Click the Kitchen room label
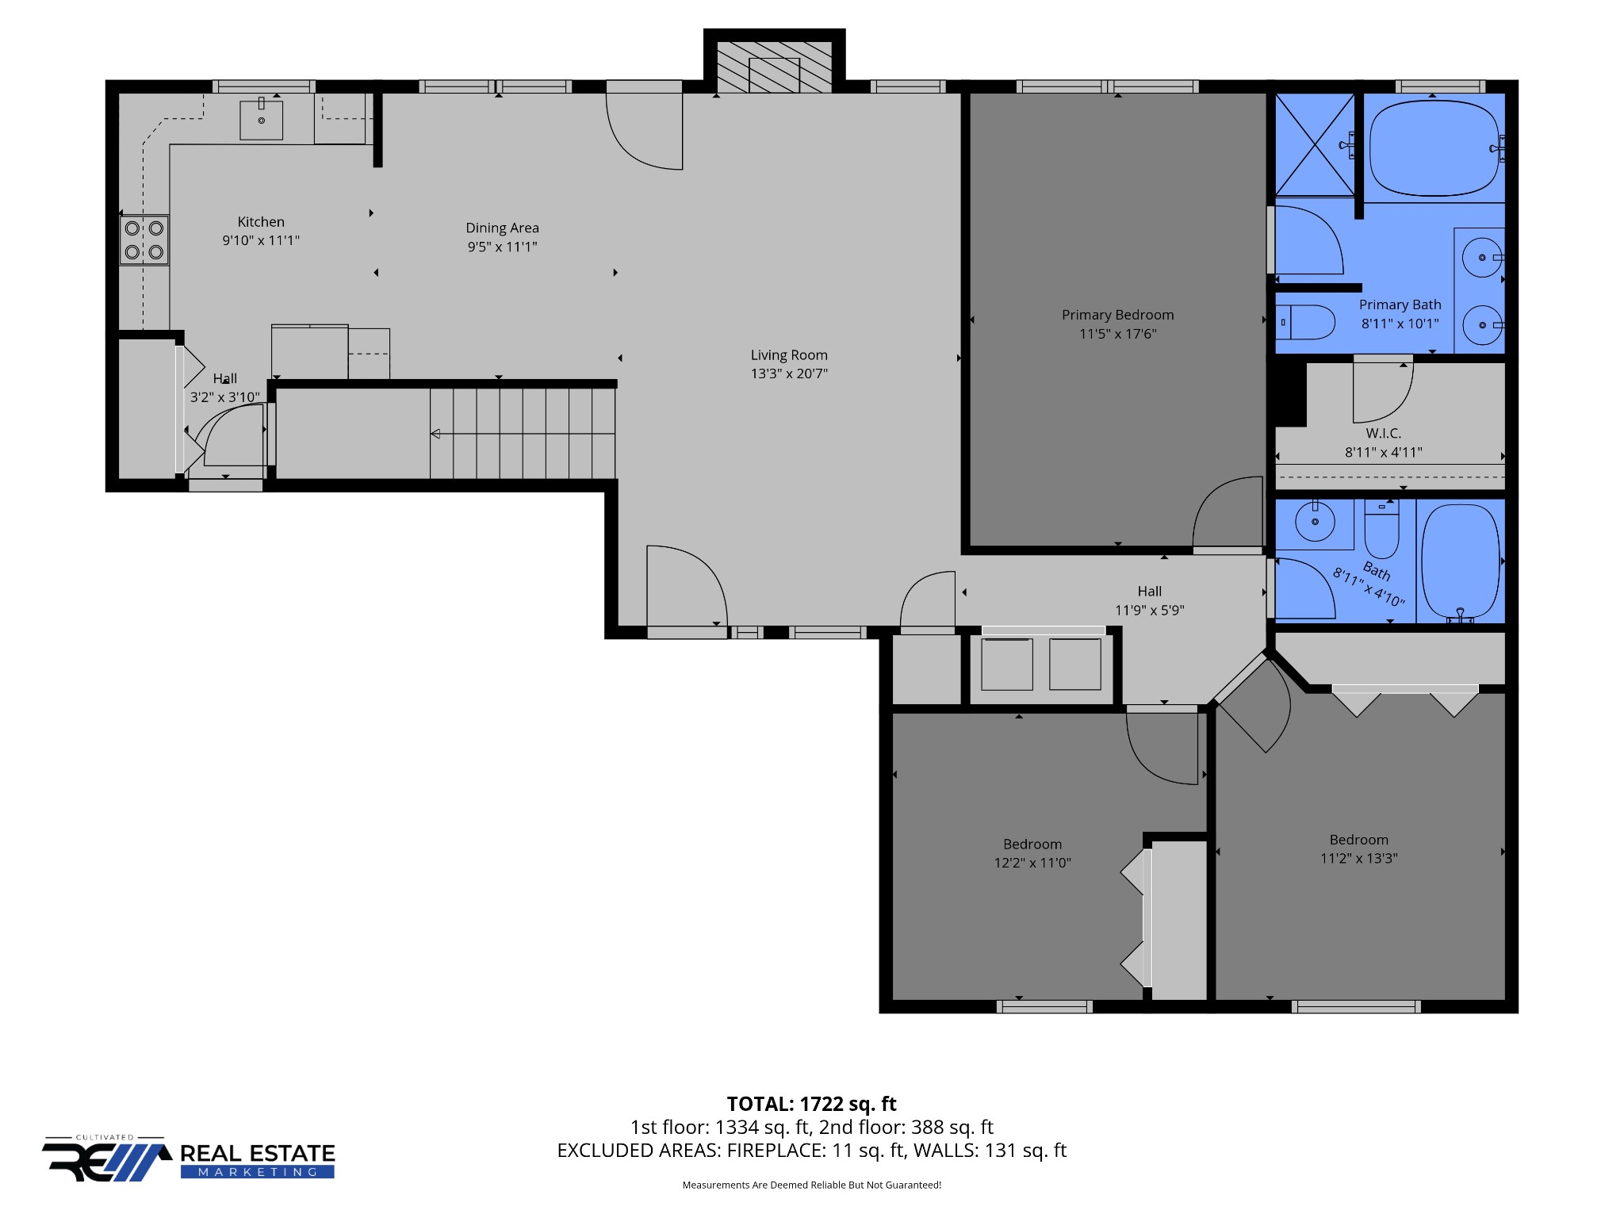(x=261, y=222)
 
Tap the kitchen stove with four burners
(x=144, y=240)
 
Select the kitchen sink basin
(x=261, y=120)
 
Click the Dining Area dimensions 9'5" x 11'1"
(x=502, y=247)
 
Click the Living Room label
(x=789, y=355)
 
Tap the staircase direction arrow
(x=435, y=434)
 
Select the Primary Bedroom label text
(x=1117, y=315)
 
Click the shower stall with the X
(x=1314, y=144)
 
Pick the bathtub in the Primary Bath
(x=1434, y=147)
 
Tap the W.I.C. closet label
(x=1383, y=434)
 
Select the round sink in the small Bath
(x=1315, y=523)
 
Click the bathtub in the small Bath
(x=1461, y=561)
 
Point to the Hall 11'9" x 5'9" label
(x=1149, y=600)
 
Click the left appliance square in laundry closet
(x=1006, y=665)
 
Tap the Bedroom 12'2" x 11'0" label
(x=1032, y=853)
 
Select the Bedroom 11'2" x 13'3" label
(x=1358, y=848)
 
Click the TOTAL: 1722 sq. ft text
(x=811, y=1104)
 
